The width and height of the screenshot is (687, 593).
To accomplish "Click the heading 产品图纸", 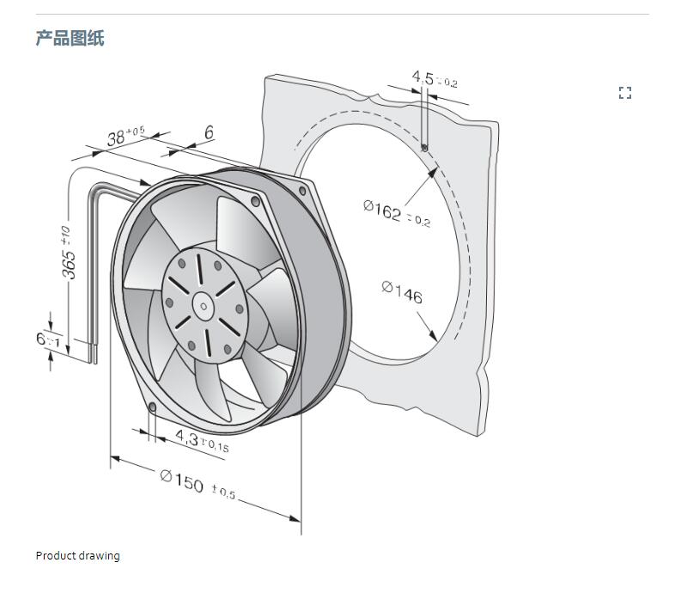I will point(70,38).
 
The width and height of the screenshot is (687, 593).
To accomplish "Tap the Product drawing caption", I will point(77,555).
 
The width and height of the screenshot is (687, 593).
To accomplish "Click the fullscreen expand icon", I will point(625,93).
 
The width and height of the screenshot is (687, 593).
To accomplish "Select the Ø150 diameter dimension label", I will point(182,480).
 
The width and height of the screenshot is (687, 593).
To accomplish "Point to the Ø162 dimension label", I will point(383,211).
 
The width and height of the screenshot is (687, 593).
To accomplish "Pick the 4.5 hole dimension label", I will point(423,78).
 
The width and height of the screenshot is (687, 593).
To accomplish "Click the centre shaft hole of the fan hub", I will point(203,303).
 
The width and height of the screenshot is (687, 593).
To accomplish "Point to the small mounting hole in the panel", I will point(425,147).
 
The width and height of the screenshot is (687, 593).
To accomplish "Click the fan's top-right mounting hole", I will point(255,201).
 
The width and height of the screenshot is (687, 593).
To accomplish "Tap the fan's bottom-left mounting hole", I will point(152,406).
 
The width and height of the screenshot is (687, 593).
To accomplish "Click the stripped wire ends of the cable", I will point(91,350).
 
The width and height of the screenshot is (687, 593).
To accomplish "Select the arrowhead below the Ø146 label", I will point(427,331).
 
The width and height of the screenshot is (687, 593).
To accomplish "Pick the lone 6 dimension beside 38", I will point(209,131).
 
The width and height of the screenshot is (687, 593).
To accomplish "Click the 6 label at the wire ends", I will point(41,339).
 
